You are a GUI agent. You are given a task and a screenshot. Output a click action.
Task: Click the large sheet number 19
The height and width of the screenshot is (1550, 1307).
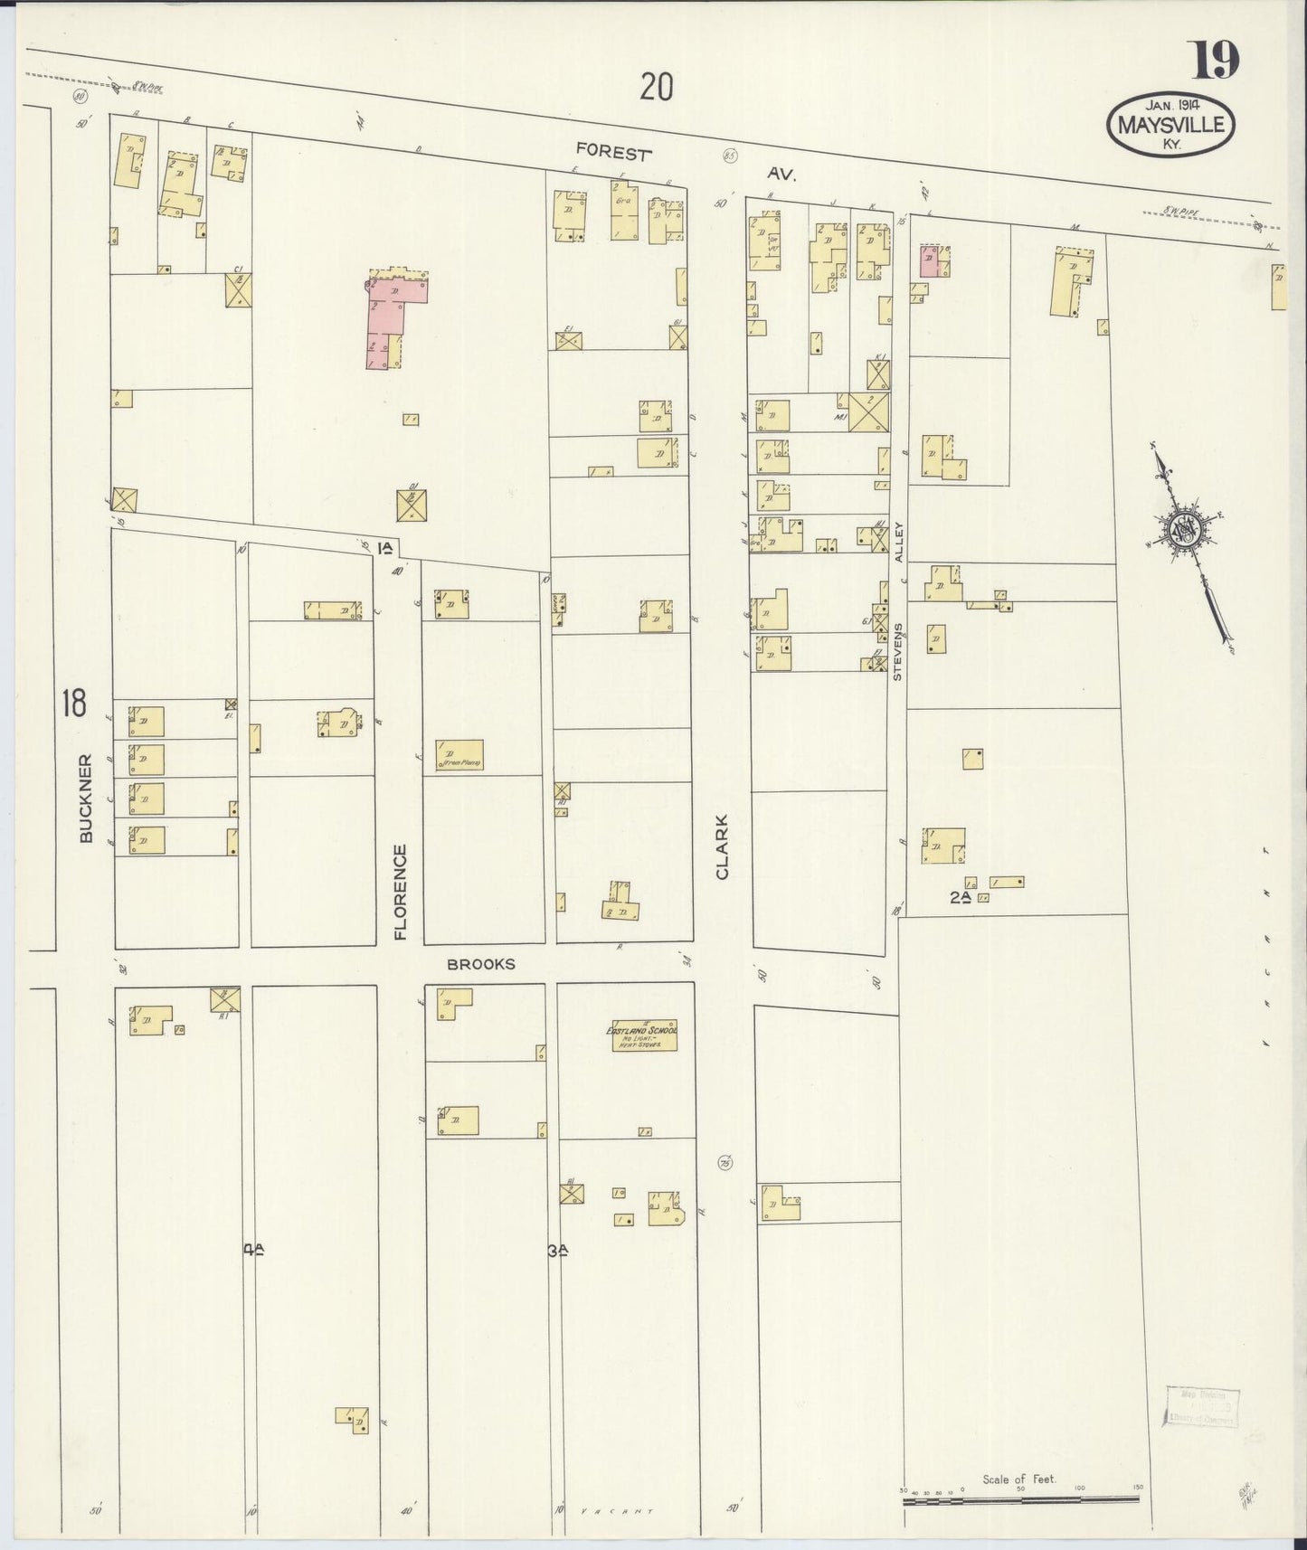[1215, 61]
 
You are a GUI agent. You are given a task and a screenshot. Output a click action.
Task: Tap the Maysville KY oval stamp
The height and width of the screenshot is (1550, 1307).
[1170, 124]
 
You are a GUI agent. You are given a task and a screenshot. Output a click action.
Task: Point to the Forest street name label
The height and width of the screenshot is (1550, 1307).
[613, 153]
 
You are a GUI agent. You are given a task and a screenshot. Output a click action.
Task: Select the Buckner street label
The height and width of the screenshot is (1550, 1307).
[87, 799]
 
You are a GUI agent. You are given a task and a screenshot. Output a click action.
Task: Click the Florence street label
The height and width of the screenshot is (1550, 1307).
[400, 892]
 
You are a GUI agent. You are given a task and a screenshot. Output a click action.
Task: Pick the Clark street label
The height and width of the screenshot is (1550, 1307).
[722, 846]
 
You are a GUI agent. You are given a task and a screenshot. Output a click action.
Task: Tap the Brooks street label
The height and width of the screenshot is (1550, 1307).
[480, 964]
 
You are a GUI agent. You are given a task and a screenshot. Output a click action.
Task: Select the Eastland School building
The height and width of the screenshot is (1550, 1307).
[641, 1036]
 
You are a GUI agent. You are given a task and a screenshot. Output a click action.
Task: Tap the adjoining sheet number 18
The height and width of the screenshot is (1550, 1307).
[73, 703]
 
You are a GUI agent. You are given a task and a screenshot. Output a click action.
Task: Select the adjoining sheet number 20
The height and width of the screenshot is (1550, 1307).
[657, 88]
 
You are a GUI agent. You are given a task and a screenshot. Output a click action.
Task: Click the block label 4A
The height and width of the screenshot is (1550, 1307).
[253, 1251]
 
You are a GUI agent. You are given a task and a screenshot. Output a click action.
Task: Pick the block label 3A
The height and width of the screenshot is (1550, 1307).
[557, 1252]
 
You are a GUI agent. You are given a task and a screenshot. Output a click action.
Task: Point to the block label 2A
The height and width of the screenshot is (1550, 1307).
[960, 897]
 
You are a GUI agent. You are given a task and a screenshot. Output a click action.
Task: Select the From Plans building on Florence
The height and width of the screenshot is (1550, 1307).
[459, 755]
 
